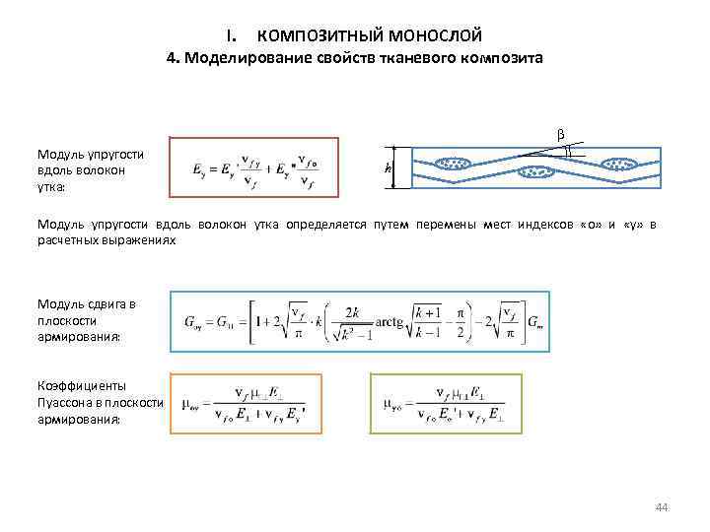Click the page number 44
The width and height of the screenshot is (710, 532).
(662, 507)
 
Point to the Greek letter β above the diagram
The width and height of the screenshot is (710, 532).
(560, 134)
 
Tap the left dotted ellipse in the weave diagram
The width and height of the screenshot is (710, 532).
(454, 164)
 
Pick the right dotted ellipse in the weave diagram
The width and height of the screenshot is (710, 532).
(622, 164)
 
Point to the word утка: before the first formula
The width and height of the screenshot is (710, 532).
(51, 186)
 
